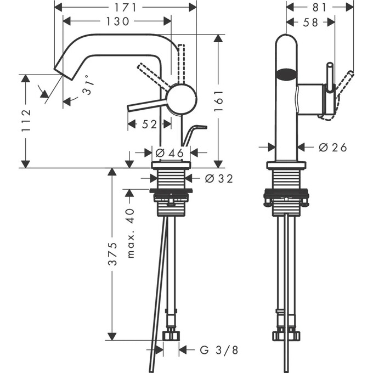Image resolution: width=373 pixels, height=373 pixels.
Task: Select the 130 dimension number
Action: point(117,21)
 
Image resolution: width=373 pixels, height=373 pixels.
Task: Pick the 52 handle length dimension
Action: point(149,125)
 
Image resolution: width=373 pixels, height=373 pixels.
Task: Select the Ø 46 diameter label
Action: point(169,153)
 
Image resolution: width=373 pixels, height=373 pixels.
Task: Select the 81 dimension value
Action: point(320,7)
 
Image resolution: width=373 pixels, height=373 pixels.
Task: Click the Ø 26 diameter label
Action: point(332,147)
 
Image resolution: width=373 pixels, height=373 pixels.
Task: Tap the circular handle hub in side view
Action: point(181,99)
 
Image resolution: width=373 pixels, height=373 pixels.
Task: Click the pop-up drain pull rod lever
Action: point(194,133)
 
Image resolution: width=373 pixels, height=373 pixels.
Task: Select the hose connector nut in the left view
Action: point(172,334)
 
